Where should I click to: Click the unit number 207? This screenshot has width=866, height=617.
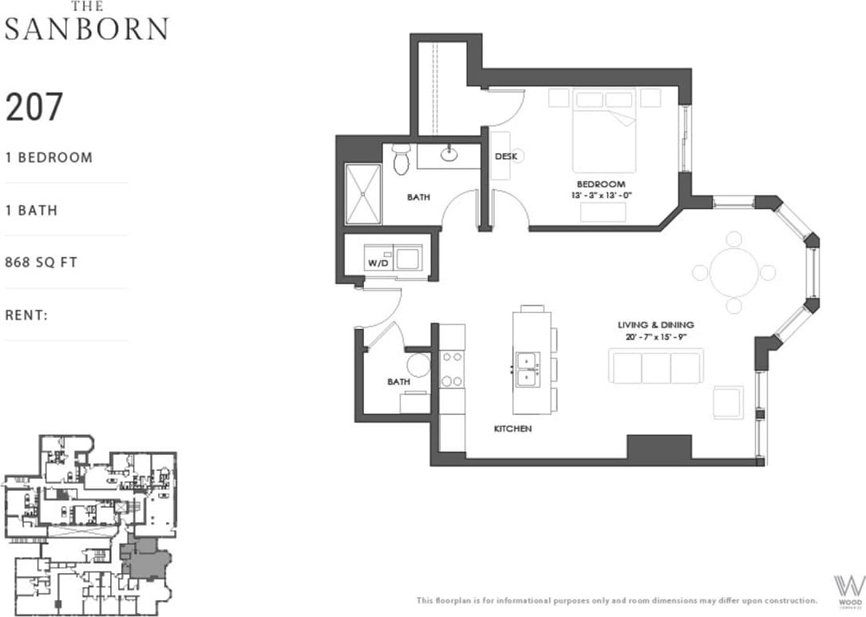[34, 107]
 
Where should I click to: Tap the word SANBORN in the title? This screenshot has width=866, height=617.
[86, 29]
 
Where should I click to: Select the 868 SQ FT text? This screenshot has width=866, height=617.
[42, 262]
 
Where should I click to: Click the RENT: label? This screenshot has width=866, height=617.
[27, 314]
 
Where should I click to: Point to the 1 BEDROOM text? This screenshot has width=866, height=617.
[49, 157]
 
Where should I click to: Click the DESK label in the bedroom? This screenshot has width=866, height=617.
[504, 156]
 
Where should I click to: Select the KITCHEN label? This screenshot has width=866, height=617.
[512, 429]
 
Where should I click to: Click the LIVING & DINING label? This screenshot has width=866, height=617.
[655, 325]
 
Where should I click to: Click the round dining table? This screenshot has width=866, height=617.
[734, 272]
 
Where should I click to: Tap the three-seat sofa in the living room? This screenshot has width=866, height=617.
[656, 368]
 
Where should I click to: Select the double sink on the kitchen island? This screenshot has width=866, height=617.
[526, 370]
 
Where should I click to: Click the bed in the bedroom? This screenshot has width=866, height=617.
[603, 132]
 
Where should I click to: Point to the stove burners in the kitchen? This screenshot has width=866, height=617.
[453, 370]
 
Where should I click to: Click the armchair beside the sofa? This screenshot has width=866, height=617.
[728, 401]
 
